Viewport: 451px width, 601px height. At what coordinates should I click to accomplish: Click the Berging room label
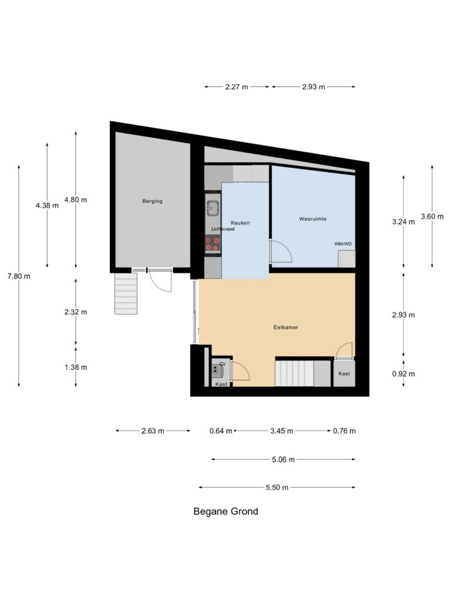coord(152,201)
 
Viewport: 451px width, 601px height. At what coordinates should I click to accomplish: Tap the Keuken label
coord(241,222)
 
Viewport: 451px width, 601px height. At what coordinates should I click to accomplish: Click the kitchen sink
coord(212,207)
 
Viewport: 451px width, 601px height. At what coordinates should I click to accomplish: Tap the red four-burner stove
coord(212,244)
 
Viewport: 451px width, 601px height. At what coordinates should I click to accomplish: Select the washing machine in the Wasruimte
coord(346,259)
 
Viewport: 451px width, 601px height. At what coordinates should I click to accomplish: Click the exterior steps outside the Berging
coord(126,293)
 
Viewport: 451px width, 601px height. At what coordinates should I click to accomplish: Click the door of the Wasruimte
coord(281,252)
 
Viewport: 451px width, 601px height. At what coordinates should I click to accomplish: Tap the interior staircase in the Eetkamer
coord(295,373)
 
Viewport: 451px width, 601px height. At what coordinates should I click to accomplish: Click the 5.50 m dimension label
coord(277,487)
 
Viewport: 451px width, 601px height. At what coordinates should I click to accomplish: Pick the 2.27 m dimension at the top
coord(237,87)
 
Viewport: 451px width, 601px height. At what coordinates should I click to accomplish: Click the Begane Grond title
coord(225,511)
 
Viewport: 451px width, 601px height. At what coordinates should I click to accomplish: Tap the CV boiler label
coord(223,364)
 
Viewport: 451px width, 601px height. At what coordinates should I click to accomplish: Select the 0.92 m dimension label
coord(403,374)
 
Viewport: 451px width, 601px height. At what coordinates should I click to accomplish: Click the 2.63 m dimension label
coord(153,431)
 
